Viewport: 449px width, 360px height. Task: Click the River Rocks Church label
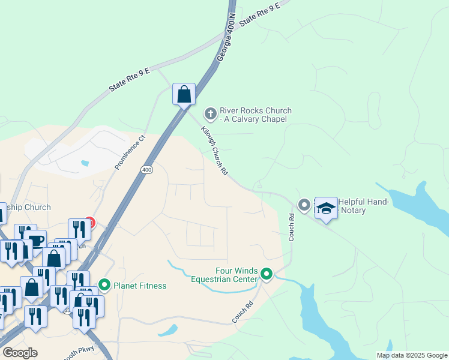[x=255, y=115]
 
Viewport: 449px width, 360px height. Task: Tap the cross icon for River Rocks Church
[x=210, y=113]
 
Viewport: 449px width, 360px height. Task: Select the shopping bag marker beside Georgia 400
[x=184, y=95]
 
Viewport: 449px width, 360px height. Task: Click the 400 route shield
[x=147, y=170]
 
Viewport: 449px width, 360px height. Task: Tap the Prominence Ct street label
[x=130, y=151]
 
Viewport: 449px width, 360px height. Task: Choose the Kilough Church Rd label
[x=214, y=155]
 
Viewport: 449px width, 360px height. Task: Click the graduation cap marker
[x=326, y=208]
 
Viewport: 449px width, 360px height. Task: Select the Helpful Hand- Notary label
[x=364, y=206]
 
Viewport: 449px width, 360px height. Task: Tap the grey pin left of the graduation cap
[x=304, y=205]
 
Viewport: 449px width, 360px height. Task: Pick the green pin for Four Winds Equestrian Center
[x=266, y=275]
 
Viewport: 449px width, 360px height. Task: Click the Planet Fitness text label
[x=140, y=285]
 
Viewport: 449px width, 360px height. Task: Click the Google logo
[x=20, y=353]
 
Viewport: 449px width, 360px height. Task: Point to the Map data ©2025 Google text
[x=411, y=355]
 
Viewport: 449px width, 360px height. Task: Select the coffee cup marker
[x=35, y=240]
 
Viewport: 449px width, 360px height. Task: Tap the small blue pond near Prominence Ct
[x=85, y=163]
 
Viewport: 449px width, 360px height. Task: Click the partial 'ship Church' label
[x=28, y=207]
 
